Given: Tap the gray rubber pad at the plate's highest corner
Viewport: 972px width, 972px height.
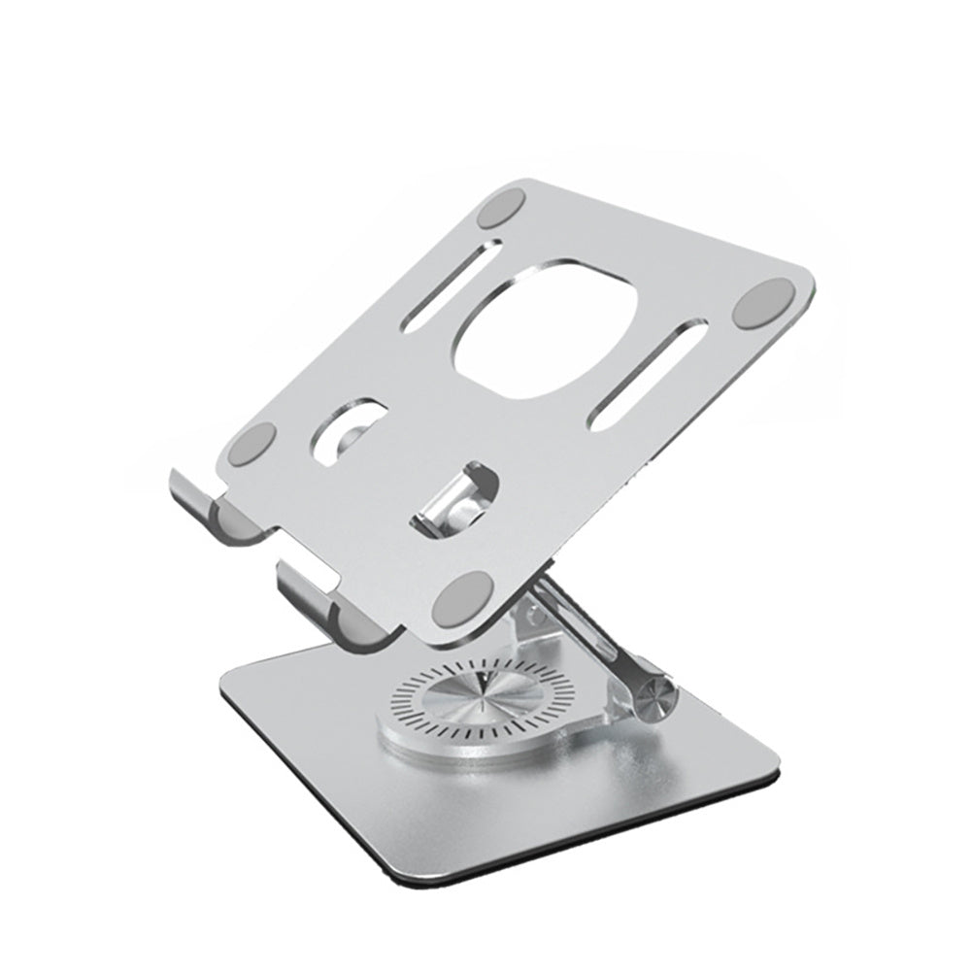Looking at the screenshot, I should tap(502, 212).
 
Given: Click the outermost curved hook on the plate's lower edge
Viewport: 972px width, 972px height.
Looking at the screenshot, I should tap(199, 500).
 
